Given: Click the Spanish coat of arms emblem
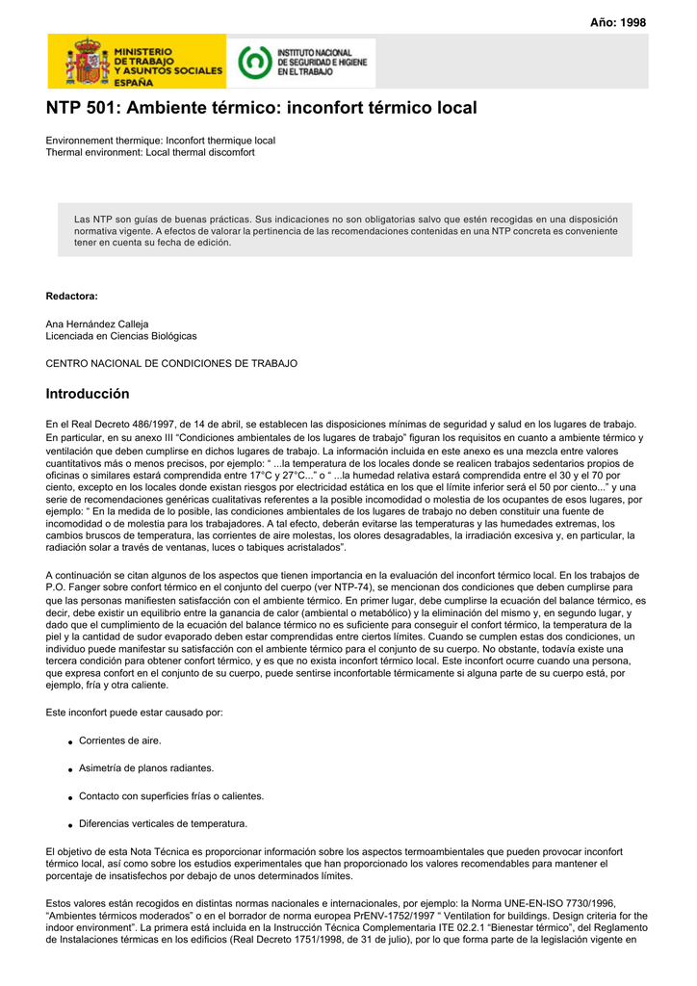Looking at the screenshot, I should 84,63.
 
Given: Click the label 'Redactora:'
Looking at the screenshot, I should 71,296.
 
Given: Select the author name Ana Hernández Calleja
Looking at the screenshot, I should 97,324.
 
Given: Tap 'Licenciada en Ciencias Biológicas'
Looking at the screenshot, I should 121,336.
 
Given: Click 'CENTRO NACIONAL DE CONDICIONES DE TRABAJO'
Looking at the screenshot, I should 171,364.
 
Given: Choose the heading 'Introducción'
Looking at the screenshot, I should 88,394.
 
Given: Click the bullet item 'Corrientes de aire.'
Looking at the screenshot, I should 119,740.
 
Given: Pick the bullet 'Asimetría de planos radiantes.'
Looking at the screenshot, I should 146,768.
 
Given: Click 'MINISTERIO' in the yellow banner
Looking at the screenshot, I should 143,50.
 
